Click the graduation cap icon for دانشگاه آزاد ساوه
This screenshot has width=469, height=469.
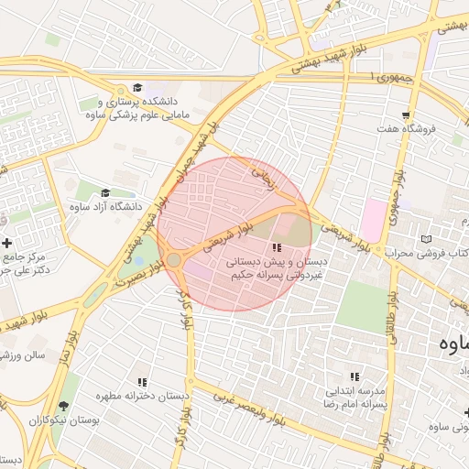point(104,193)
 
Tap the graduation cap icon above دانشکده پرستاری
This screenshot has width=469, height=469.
point(137,87)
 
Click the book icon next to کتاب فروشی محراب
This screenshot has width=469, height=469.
point(424,240)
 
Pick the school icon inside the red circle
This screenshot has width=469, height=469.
point(276,248)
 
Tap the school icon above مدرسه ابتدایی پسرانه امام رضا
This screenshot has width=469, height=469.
point(354,376)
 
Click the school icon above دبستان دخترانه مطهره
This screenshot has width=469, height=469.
point(141,382)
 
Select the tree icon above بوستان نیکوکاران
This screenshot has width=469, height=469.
point(63,406)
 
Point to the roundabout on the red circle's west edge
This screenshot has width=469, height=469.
point(173,261)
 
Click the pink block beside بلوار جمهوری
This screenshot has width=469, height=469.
point(373,221)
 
